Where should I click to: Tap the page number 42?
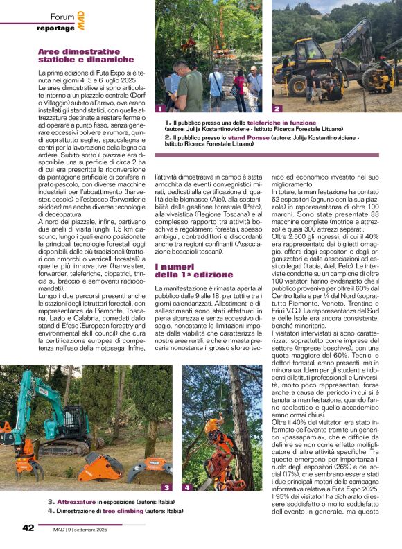[x=28, y=528]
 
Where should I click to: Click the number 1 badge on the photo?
[x=160, y=109]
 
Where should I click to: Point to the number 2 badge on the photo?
[x=277, y=109]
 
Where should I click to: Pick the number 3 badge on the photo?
[x=166, y=488]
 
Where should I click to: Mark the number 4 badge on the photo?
[x=187, y=488]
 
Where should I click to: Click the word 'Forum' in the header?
[x=63, y=16]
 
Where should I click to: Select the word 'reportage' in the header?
[x=55, y=28]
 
